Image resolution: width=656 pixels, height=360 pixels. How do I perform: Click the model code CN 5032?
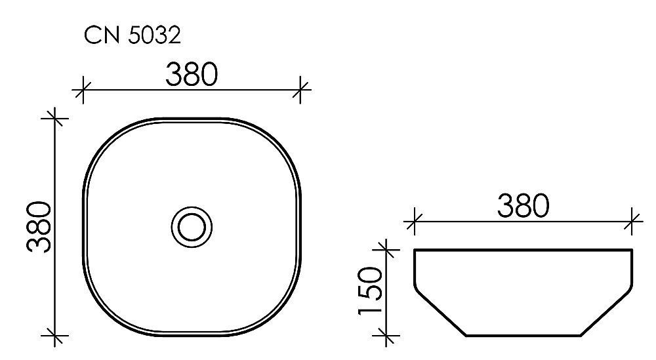(132, 35)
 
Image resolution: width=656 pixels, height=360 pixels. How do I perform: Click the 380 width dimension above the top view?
(191, 75)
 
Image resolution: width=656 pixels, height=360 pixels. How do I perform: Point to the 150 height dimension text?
(372, 291)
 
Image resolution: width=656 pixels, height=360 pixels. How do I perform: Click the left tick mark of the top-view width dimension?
(81, 89)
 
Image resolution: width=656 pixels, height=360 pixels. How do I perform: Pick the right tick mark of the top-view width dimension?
(301, 89)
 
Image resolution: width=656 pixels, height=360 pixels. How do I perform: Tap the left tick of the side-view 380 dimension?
(413, 220)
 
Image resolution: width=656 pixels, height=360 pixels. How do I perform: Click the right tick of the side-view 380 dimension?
(632, 220)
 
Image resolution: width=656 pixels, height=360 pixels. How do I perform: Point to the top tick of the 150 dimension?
(387, 249)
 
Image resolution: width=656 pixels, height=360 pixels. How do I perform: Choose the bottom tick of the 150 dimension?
(387, 335)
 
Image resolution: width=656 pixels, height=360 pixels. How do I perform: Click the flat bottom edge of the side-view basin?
(523, 335)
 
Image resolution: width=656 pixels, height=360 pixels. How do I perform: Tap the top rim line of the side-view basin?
(523, 250)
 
